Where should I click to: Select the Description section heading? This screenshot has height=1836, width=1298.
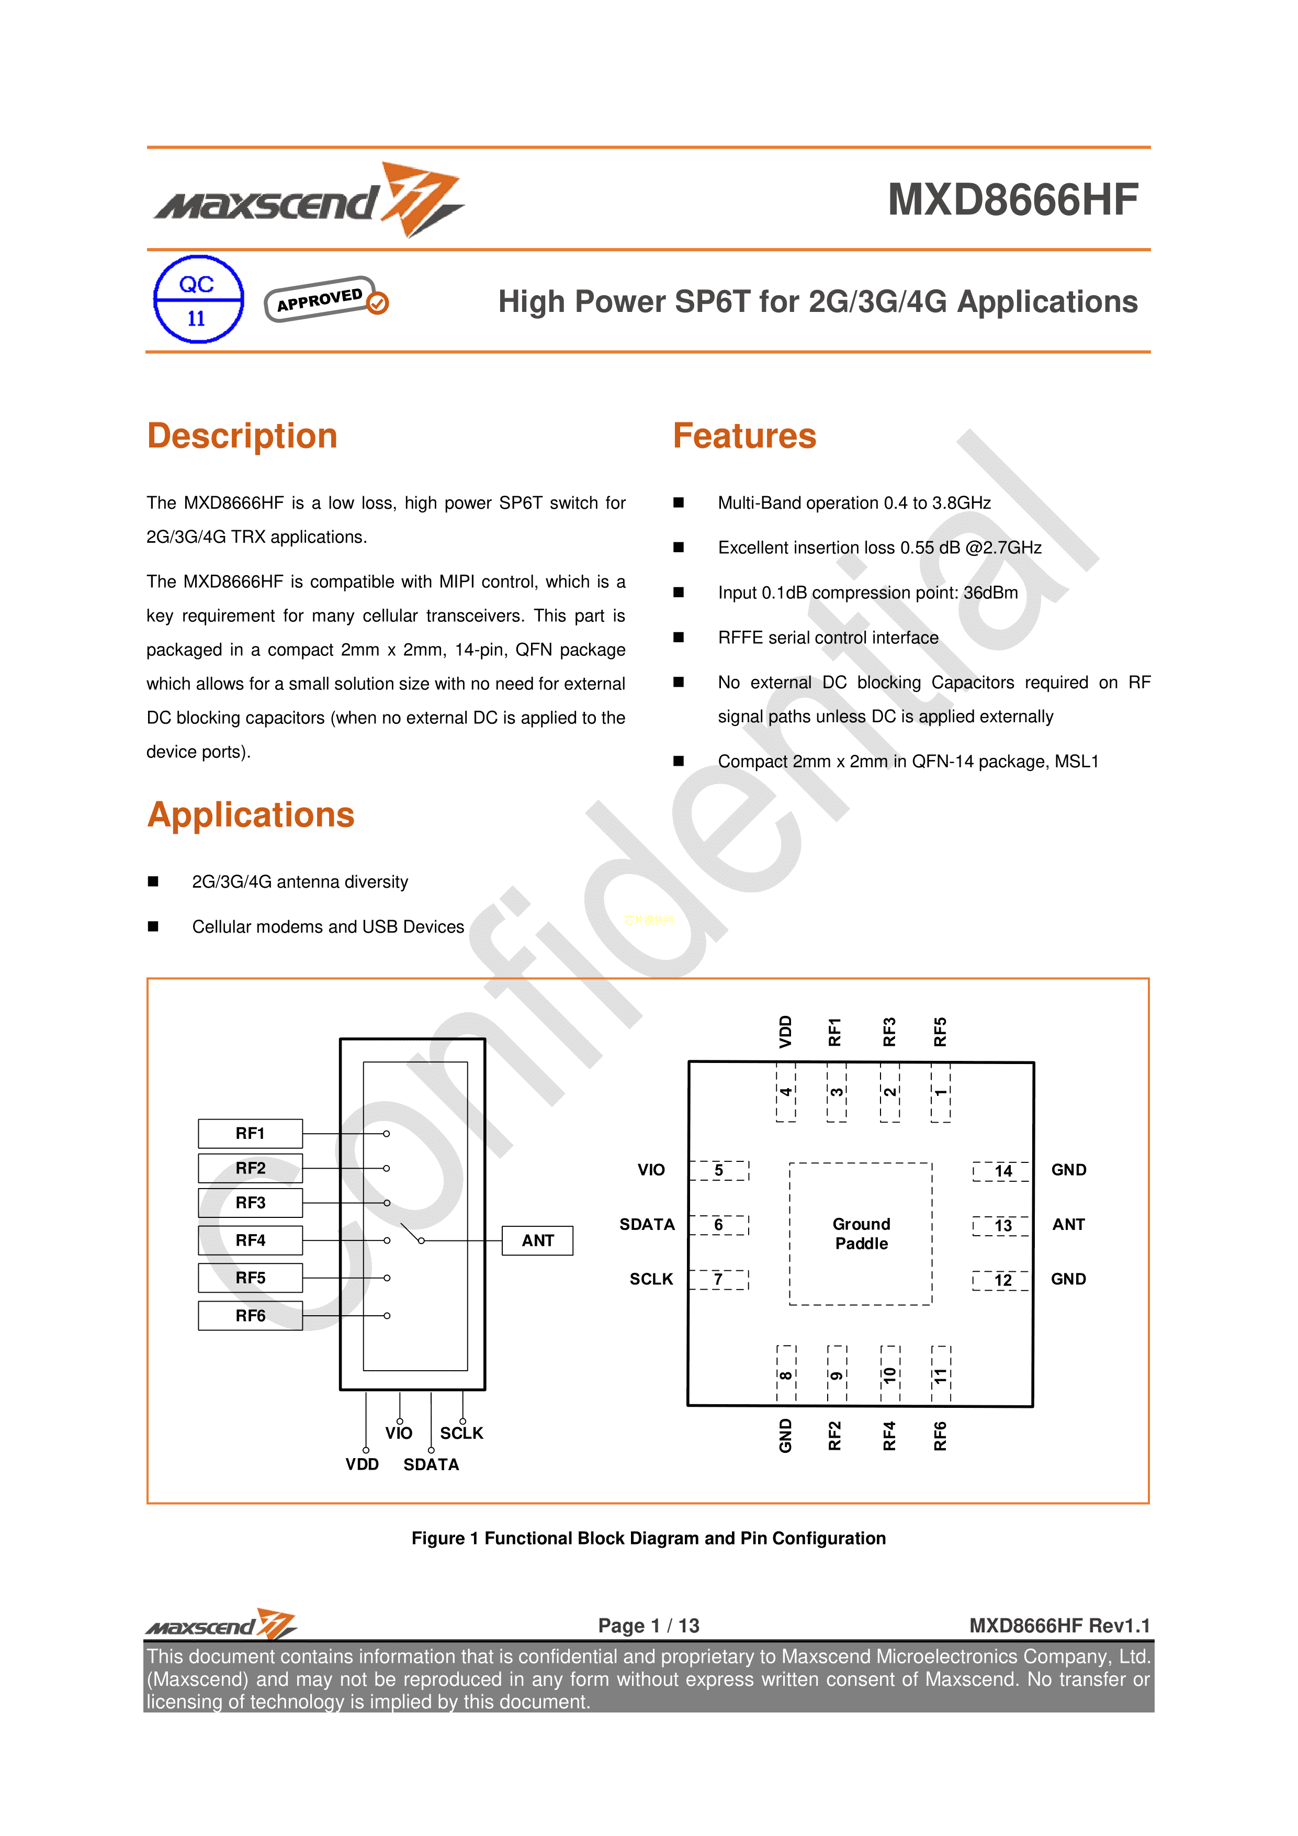click(242, 436)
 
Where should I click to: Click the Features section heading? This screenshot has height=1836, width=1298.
click(744, 436)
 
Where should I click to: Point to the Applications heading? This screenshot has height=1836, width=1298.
click(251, 815)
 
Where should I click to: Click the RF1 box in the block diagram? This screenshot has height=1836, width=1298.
click(250, 1133)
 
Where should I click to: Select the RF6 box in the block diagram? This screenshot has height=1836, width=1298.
click(250, 1315)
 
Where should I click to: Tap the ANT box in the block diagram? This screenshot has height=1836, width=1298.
click(537, 1240)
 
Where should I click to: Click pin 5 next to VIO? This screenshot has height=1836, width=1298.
click(718, 1171)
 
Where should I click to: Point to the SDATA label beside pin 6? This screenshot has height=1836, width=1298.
click(647, 1224)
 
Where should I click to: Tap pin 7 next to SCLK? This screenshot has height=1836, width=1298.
click(718, 1280)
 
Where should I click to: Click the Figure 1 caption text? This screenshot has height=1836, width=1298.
click(648, 1539)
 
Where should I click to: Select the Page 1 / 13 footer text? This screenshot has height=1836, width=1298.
click(648, 1626)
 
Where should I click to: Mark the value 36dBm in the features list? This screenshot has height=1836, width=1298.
click(990, 592)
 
